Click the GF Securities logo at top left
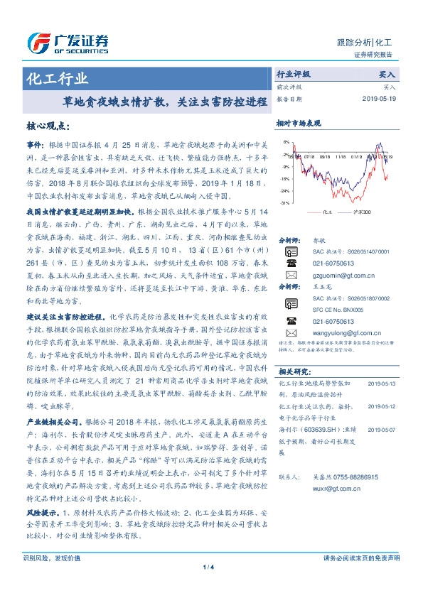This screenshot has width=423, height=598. (67, 43)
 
